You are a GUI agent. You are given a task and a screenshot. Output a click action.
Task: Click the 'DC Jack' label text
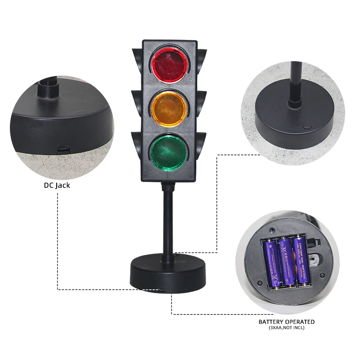[57, 185]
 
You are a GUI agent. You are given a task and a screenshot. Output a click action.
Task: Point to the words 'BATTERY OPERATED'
[287, 322]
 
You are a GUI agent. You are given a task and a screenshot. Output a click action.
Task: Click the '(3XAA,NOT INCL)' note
[287, 328]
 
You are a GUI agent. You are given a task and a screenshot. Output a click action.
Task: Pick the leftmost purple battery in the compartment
[271, 263]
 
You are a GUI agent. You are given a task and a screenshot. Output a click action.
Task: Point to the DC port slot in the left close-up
[63, 149]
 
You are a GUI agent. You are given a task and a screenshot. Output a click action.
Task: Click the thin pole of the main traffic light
[167, 220]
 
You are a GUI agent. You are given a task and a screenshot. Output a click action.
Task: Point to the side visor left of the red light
[137, 58]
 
